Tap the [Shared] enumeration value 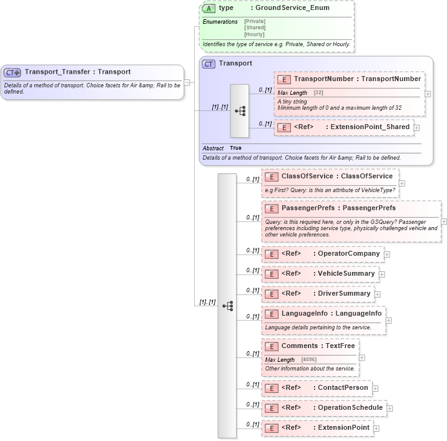(x=255, y=27)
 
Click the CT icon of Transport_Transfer (x=12, y=72)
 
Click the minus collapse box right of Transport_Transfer (x=187, y=82)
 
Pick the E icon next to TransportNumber (x=284, y=79)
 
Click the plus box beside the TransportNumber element (x=428, y=94)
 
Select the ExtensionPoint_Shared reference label (x=370, y=127)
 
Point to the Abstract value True (x=235, y=148)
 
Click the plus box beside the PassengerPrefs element (x=444, y=221)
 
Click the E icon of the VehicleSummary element (x=271, y=274)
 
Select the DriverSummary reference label (x=344, y=293)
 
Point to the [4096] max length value (x=308, y=360)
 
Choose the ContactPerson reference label (x=343, y=388)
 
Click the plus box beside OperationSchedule (x=390, y=409)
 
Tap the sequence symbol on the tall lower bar (x=227, y=306)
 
